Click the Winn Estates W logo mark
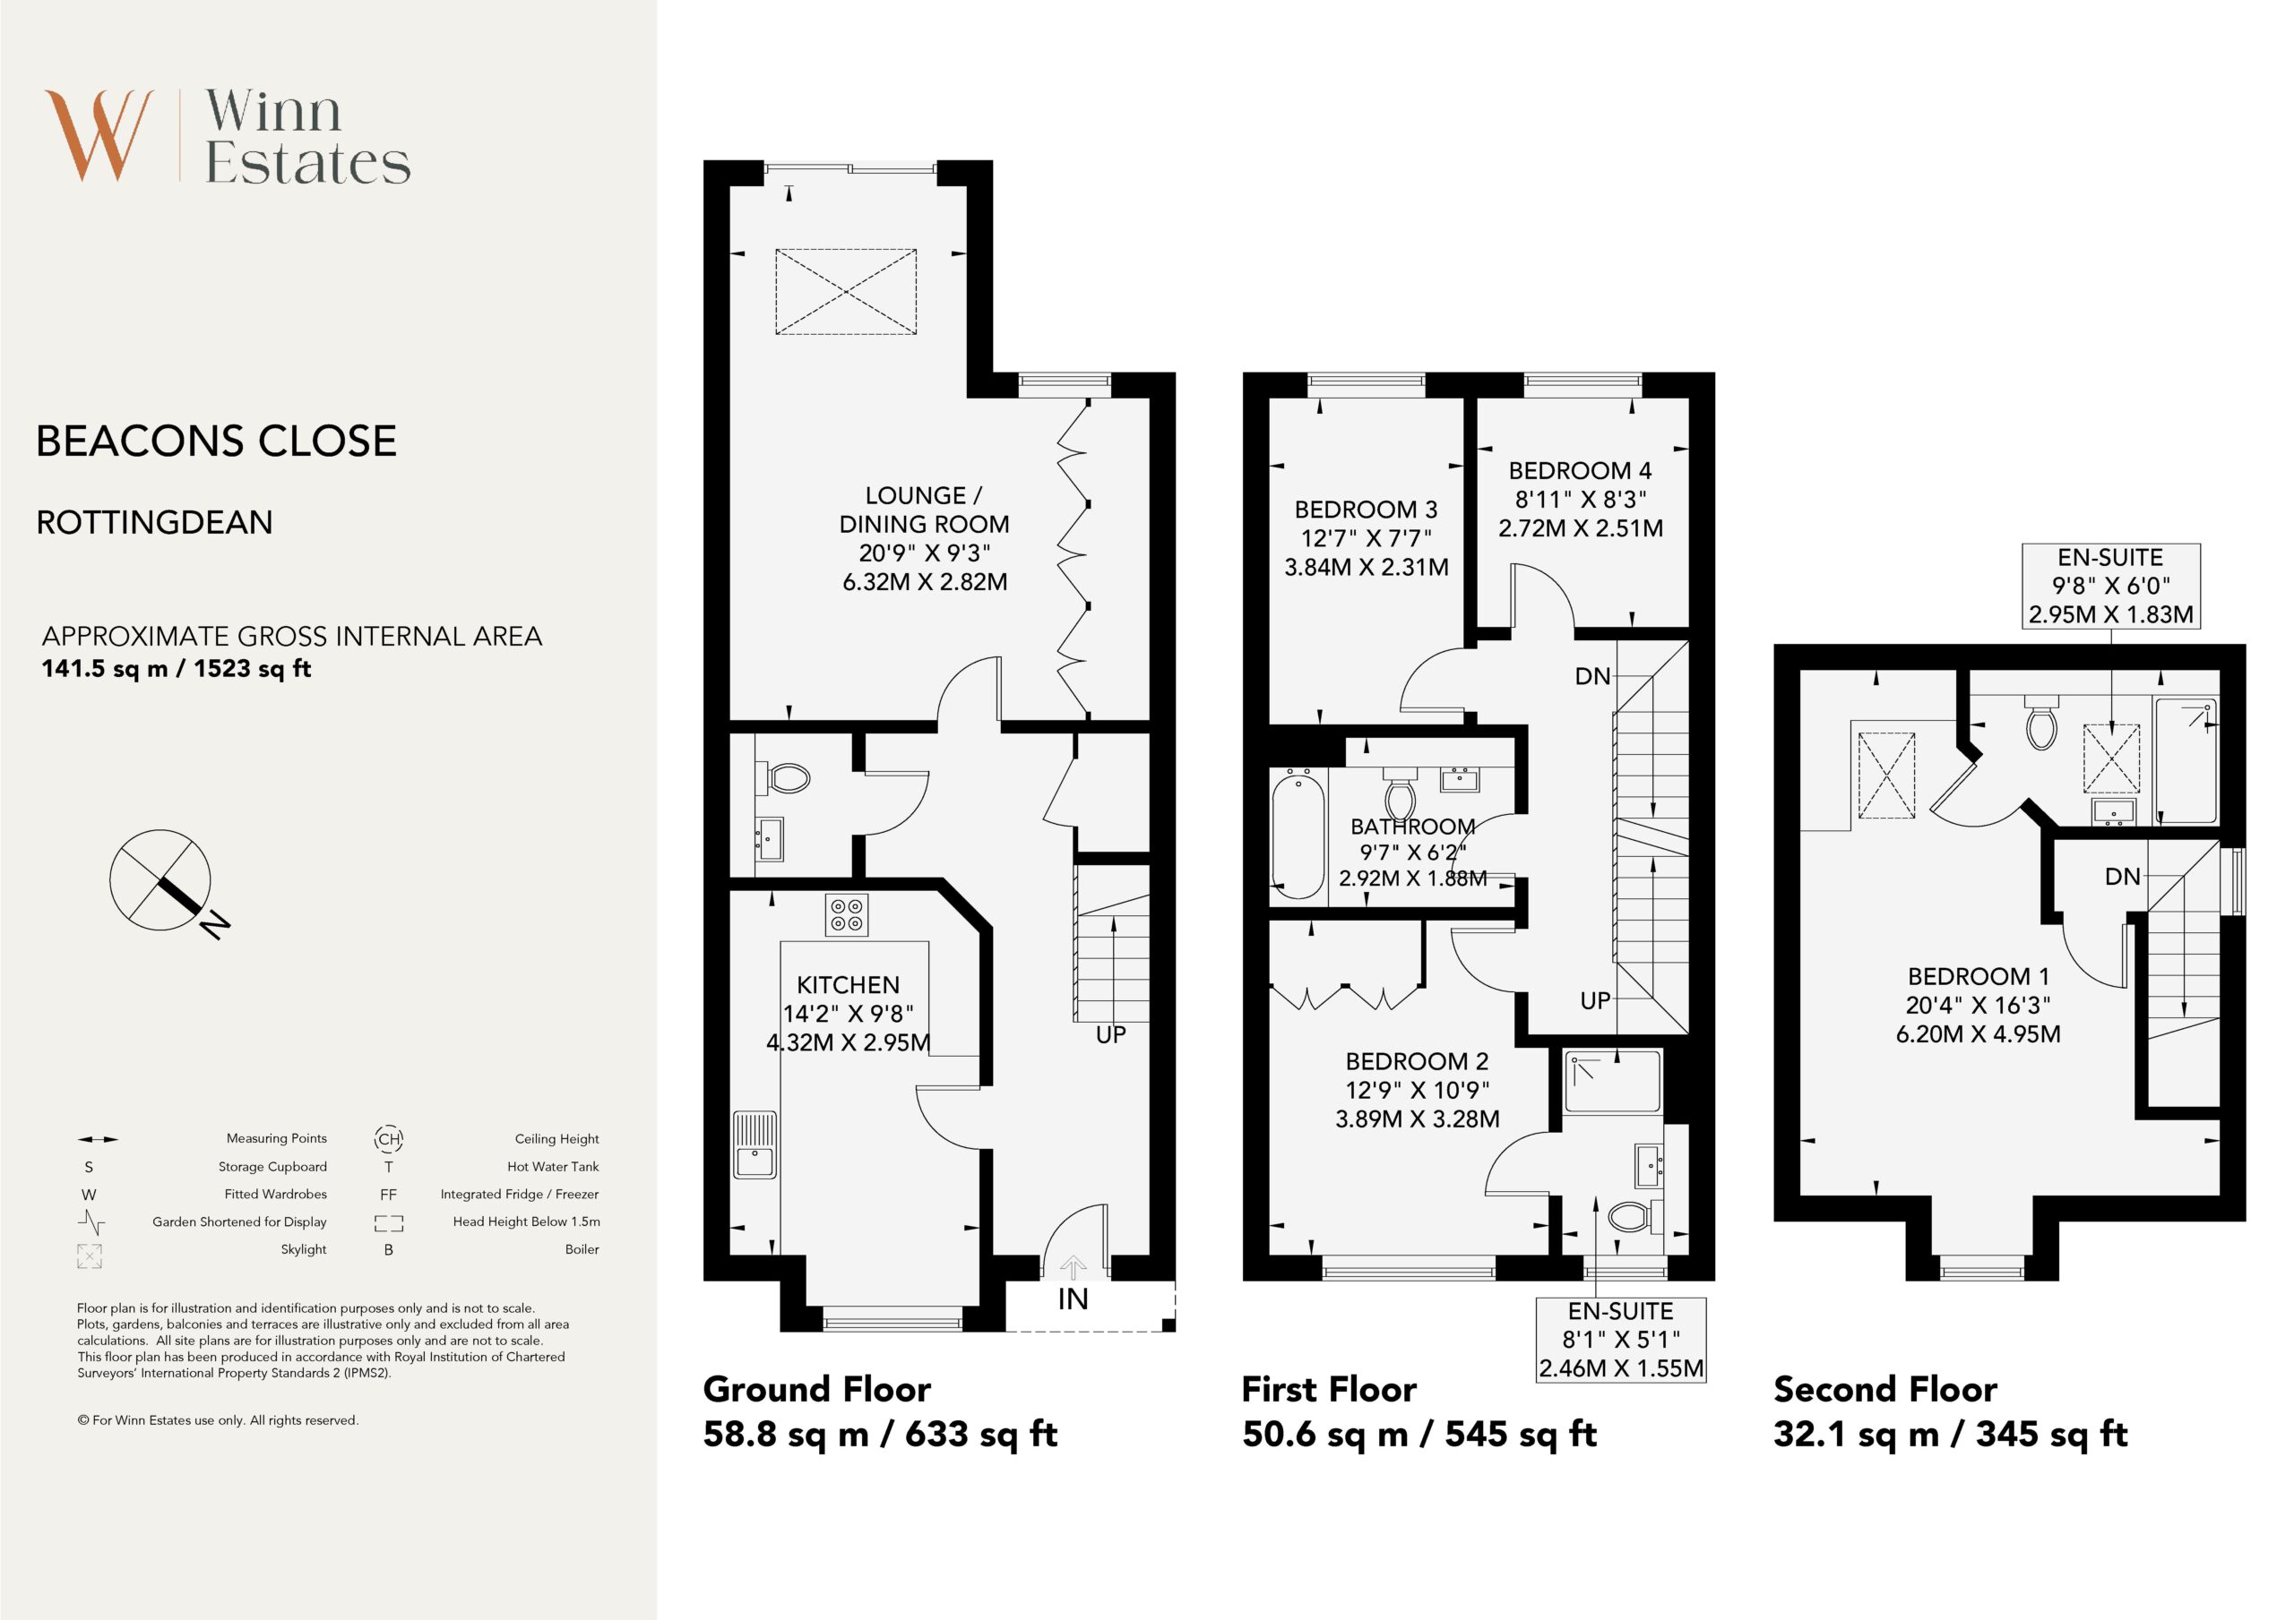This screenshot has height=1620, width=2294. coord(99,136)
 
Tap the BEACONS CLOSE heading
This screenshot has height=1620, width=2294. coord(217,441)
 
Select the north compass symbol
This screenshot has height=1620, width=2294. coord(166,883)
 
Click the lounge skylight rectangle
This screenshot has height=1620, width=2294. coord(845,292)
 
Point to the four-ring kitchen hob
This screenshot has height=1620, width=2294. coord(846,915)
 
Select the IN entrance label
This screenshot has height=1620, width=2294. coord(1073,1299)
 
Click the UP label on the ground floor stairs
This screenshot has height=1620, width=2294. coord(1110,1034)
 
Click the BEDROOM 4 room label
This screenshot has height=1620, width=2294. coord(1580,470)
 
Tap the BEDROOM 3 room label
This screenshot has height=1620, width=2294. coord(1366,510)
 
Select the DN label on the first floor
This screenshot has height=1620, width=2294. coord(1592,676)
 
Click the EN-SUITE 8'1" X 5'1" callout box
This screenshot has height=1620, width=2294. coord(1621,1340)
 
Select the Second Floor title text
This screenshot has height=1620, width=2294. coord(1885,1389)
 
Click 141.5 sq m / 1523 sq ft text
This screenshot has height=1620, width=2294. coord(176,668)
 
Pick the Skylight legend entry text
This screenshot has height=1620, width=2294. coord(304,1248)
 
